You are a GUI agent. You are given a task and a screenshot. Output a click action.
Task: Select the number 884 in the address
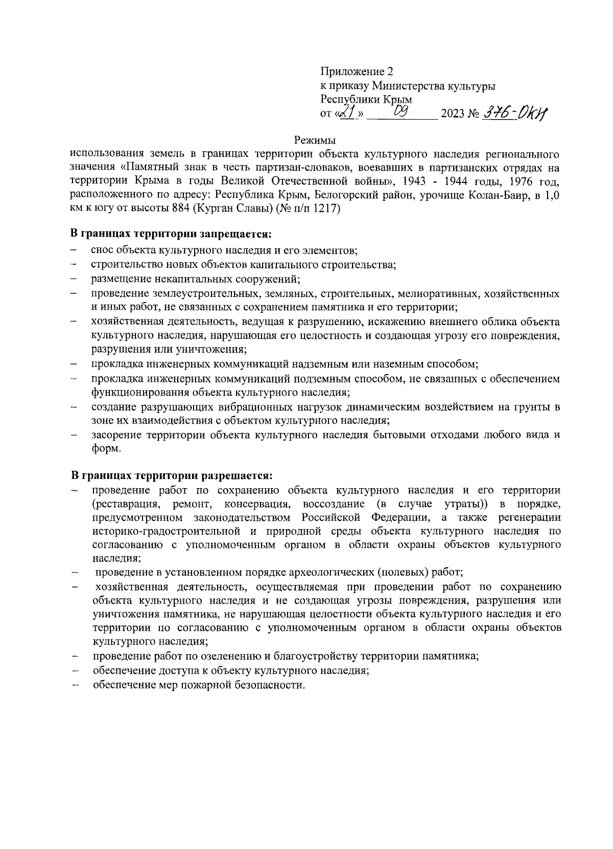[x=174, y=209]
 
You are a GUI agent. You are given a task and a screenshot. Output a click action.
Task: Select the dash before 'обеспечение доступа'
[x=75, y=671]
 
